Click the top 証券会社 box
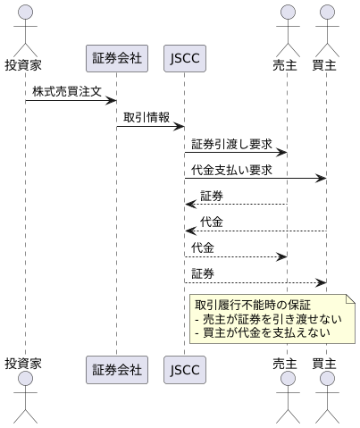click(x=115, y=60)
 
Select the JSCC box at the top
click(x=184, y=60)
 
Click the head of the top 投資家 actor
click(x=24, y=13)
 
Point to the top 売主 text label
click(x=286, y=64)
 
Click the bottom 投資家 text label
click(x=24, y=364)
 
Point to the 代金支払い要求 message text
click(x=231, y=169)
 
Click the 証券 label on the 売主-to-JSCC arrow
click(x=212, y=195)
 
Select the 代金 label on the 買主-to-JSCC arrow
click(x=212, y=221)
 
